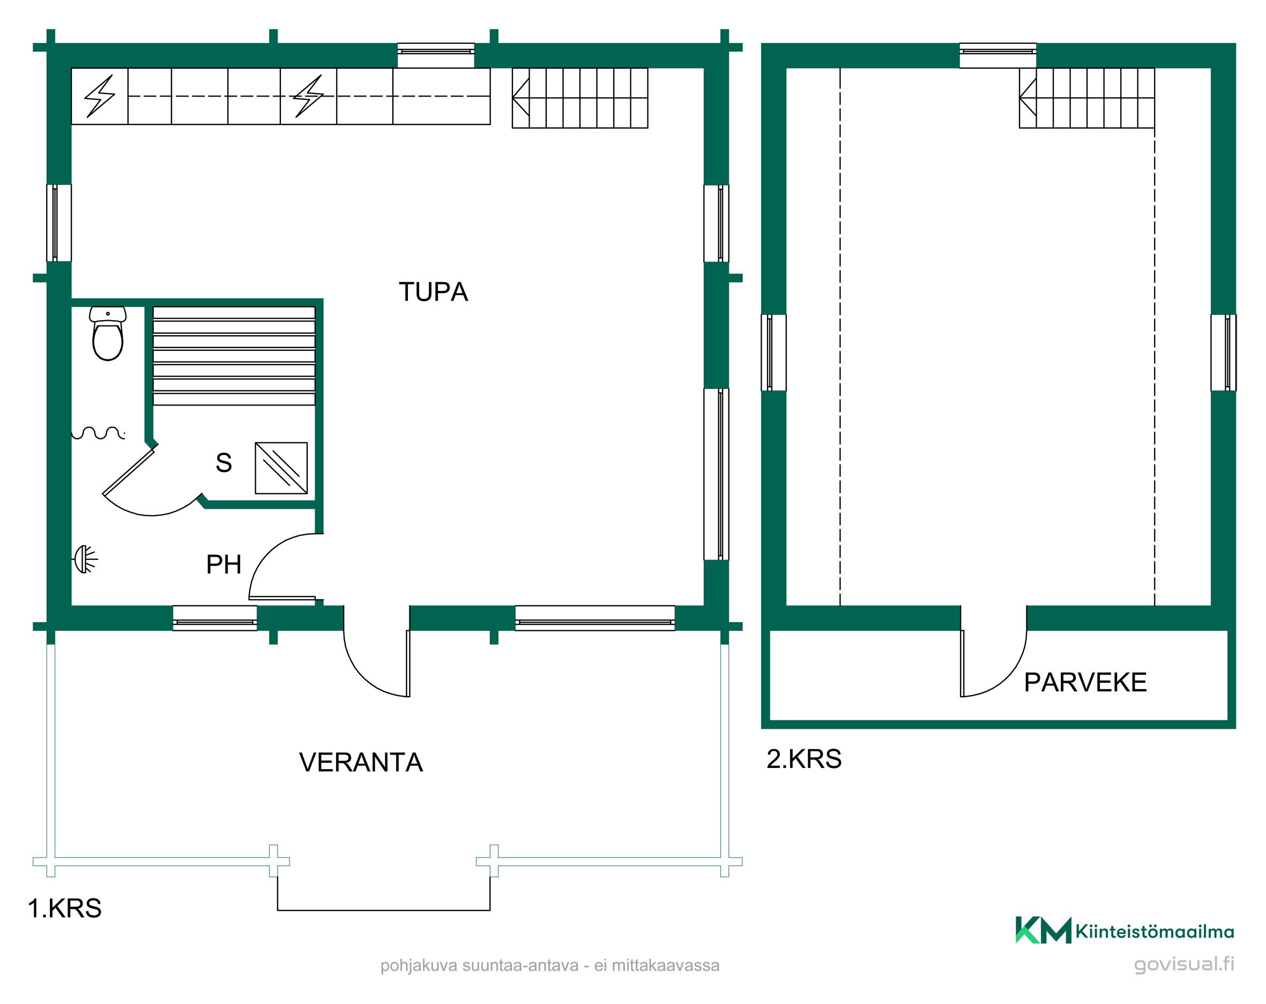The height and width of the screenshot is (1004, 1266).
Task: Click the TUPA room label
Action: click(434, 292)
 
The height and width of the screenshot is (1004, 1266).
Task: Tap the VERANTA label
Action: click(361, 763)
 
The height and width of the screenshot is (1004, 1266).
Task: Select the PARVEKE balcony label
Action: click(1085, 683)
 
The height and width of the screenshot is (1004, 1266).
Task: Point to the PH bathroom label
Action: click(224, 565)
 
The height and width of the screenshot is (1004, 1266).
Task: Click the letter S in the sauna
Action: click(224, 463)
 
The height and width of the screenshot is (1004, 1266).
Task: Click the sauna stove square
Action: click(281, 468)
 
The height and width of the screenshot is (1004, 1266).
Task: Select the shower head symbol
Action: click(85, 559)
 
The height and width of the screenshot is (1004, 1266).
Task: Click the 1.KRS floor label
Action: click(65, 908)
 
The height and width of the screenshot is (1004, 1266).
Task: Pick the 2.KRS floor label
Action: click(804, 759)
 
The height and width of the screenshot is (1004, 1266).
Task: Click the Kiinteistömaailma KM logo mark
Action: click(1043, 931)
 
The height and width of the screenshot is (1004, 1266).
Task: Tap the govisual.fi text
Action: click(1184, 965)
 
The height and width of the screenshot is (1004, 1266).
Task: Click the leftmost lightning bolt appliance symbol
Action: click(99, 97)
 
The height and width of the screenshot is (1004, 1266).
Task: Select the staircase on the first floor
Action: click(580, 98)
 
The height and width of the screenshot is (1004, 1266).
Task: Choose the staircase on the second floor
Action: click(1087, 98)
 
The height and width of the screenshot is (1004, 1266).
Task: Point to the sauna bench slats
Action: click(234, 356)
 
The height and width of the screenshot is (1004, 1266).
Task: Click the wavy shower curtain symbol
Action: click(98, 433)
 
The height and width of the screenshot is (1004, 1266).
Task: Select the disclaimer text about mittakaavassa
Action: click(549, 965)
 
